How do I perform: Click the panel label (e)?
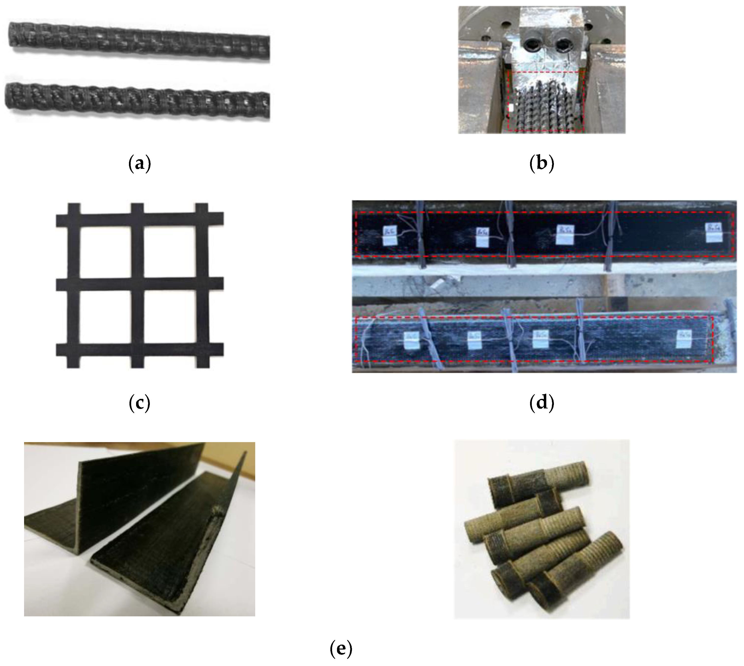341,649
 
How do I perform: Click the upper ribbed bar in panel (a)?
139,40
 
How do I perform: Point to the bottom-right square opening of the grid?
169,317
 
